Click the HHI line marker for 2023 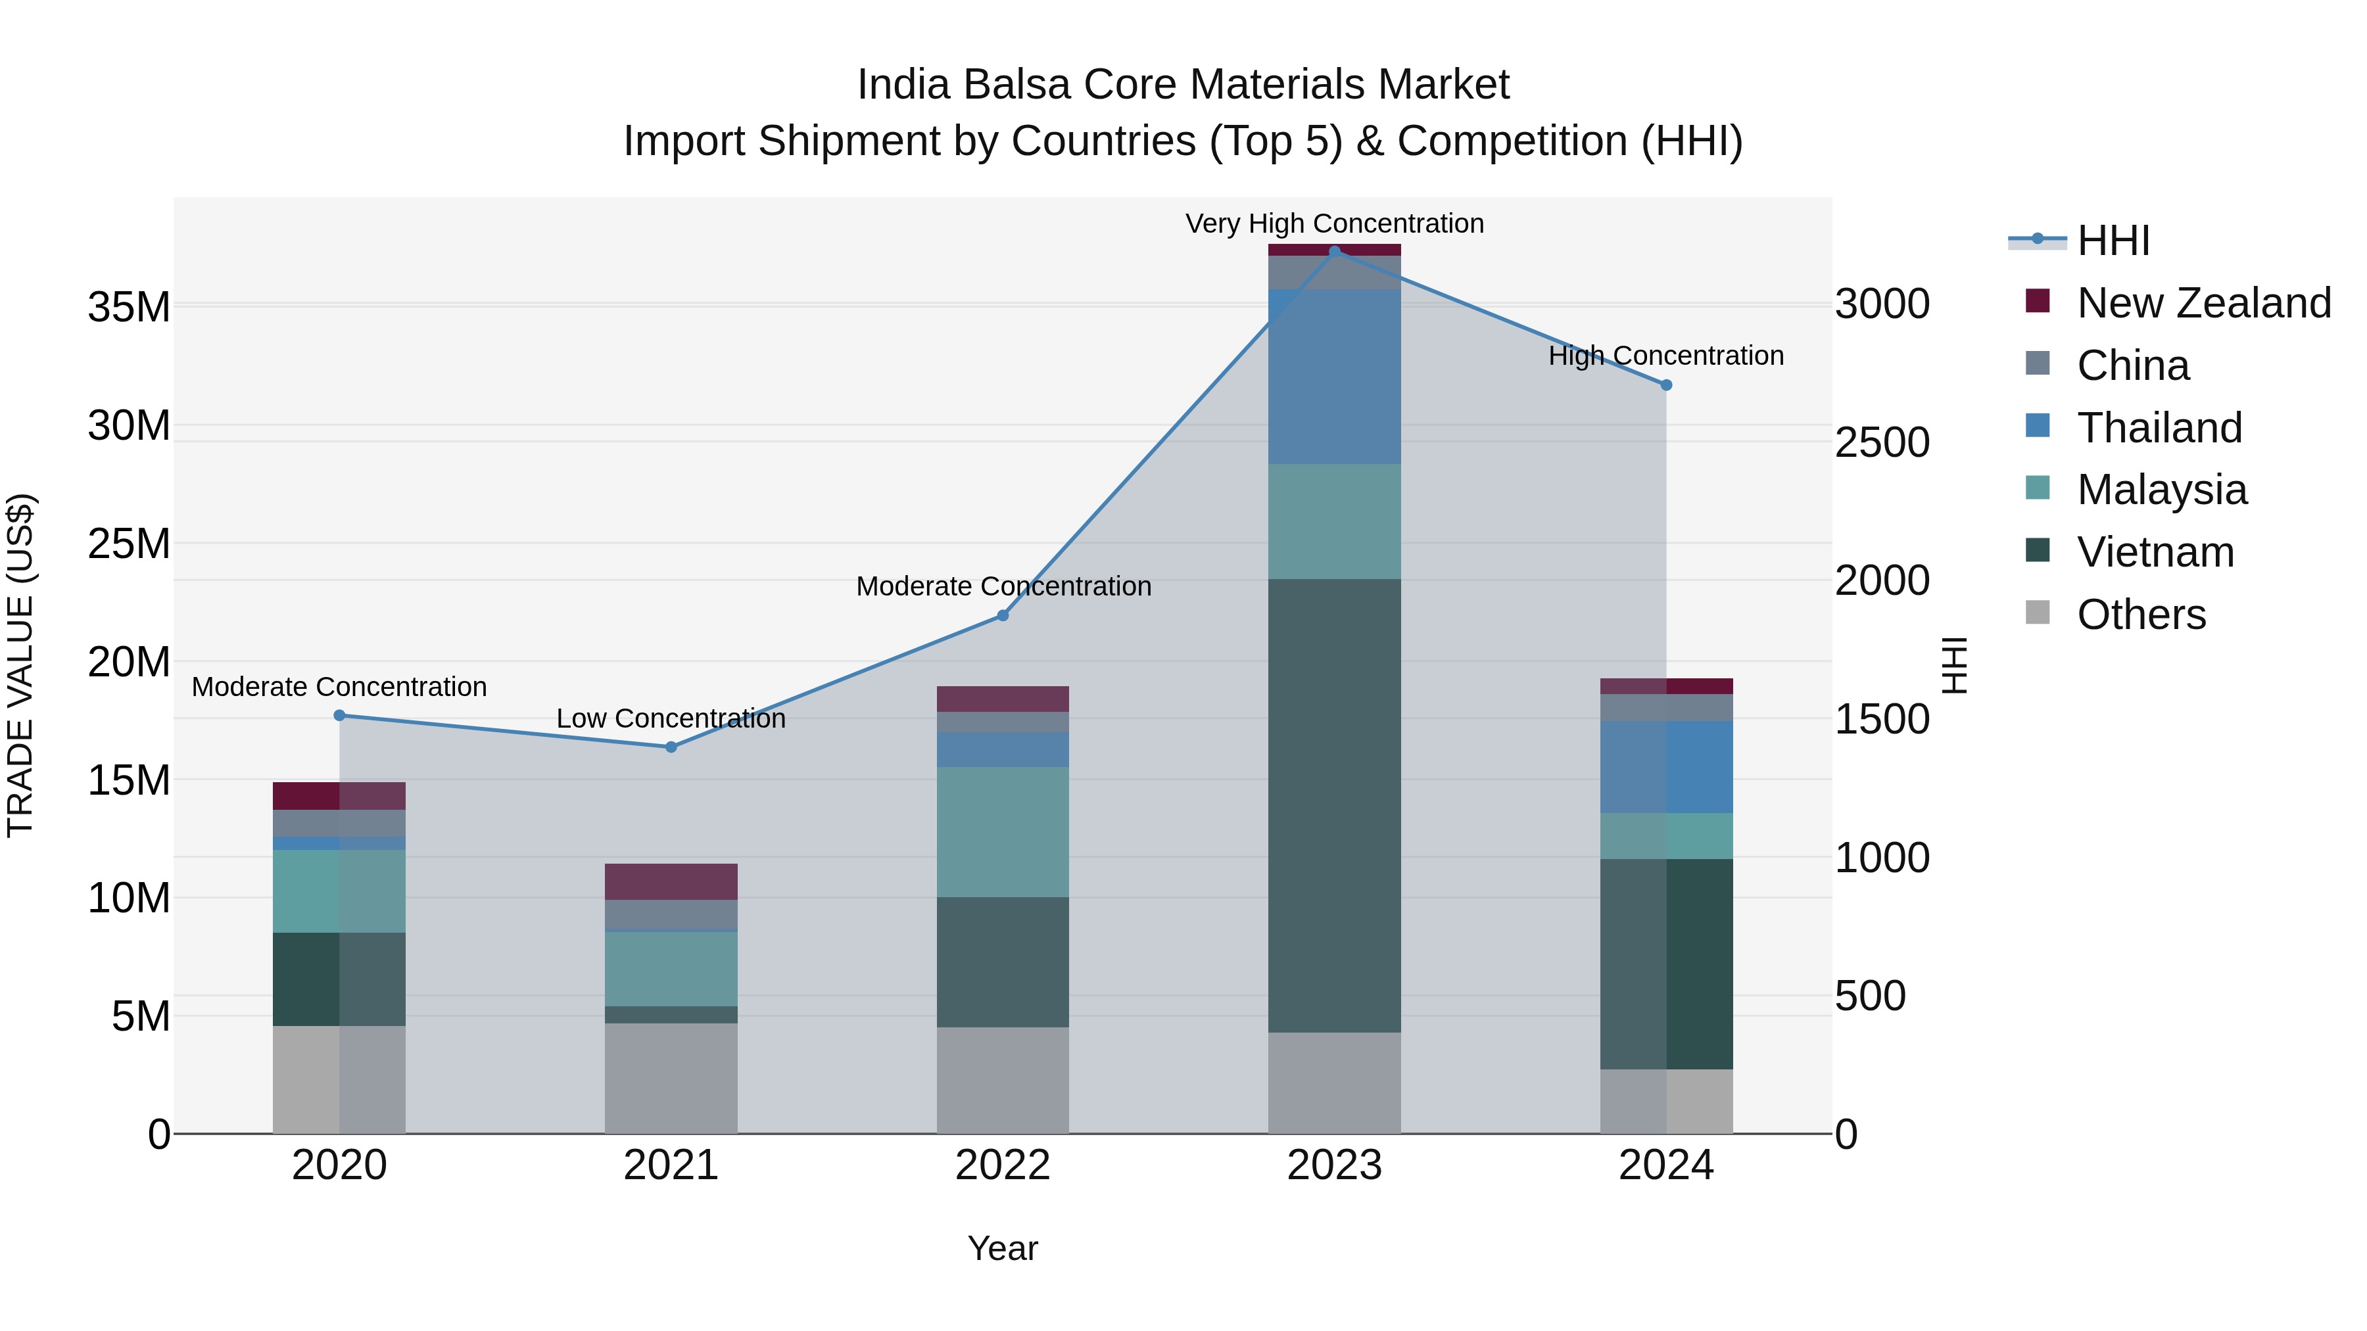click(1334, 251)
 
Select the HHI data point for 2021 click(671, 747)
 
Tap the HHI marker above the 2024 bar click(1666, 385)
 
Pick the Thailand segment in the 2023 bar click(1334, 377)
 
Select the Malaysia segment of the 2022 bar click(1003, 831)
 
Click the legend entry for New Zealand click(2203, 303)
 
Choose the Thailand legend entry click(2159, 428)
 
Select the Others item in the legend click(2140, 615)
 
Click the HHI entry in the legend click(2113, 241)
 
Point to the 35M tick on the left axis click(129, 307)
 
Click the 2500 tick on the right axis click(1882, 443)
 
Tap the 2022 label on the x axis click(1003, 1165)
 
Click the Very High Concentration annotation click(1334, 223)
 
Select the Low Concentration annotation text click(671, 718)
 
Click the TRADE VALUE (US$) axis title click(20, 665)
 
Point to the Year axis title click(1003, 1248)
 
